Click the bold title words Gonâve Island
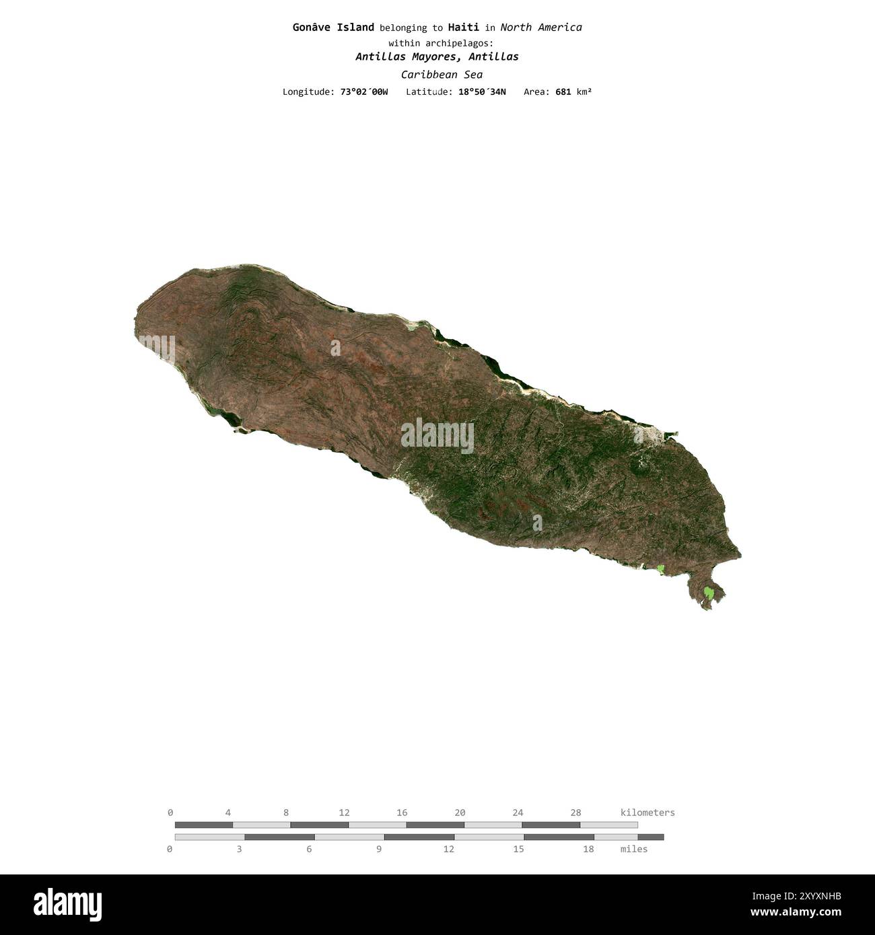coord(333,28)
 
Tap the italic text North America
coord(540,28)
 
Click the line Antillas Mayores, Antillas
coord(437,57)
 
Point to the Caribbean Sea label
coord(441,75)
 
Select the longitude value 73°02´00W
coord(363,92)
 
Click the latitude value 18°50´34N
coord(482,92)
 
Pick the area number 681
coord(563,92)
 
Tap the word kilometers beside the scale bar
coord(647,813)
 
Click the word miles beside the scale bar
coord(633,849)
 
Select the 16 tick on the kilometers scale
coord(402,813)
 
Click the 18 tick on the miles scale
coord(588,849)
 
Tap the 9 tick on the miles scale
coord(379,849)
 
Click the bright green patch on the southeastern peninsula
coord(708,593)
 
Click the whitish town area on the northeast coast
coord(650,436)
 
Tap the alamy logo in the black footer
coord(67,904)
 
